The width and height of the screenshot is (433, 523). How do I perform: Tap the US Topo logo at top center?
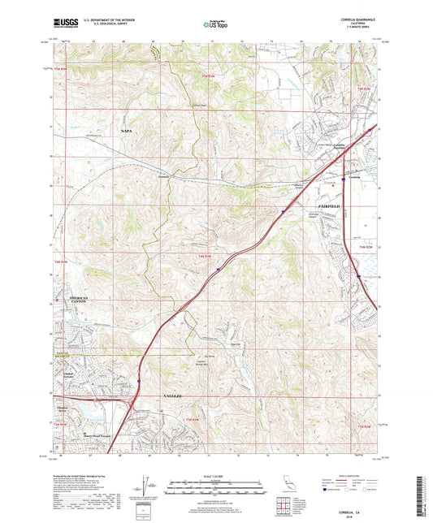click(x=215, y=25)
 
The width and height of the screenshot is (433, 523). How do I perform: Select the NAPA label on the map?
click(x=126, y=130)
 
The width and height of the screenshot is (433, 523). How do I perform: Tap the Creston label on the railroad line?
click(x=164, y=175)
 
